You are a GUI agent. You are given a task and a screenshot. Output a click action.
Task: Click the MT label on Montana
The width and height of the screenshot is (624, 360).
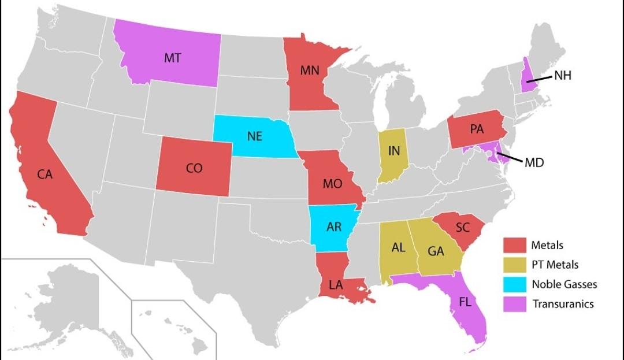172,58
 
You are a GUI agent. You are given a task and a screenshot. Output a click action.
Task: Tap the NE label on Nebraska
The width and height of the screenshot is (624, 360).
255,136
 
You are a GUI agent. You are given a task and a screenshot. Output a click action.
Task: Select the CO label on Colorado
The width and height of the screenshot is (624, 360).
194,168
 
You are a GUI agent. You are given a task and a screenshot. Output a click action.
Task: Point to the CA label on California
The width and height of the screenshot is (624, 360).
45,175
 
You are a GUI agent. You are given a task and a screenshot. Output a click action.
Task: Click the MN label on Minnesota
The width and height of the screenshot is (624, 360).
310,71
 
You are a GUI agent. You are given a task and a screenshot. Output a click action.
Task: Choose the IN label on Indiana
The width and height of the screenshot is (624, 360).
394,151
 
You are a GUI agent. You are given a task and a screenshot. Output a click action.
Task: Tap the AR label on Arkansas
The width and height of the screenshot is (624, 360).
334,227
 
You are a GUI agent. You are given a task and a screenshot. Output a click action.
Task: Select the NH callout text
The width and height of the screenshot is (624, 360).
562,75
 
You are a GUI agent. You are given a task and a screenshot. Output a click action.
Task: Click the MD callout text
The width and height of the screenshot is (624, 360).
534,162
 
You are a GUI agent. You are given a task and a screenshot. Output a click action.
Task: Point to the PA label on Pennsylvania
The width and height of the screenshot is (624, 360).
477,129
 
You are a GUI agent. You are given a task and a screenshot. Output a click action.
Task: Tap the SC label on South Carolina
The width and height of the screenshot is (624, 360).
462,228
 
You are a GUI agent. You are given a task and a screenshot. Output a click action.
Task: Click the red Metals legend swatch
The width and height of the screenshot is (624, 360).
514,246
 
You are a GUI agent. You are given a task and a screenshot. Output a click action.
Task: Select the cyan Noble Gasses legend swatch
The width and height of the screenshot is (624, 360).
514,284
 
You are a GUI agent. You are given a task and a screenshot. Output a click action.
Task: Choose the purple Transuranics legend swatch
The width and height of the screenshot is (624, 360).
514,304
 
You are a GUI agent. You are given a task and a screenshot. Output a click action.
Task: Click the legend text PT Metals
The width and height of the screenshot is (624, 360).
555,265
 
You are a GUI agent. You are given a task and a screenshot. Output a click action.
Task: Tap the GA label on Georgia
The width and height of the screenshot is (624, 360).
436,251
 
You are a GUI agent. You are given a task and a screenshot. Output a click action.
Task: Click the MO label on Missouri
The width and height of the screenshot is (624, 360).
332,184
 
